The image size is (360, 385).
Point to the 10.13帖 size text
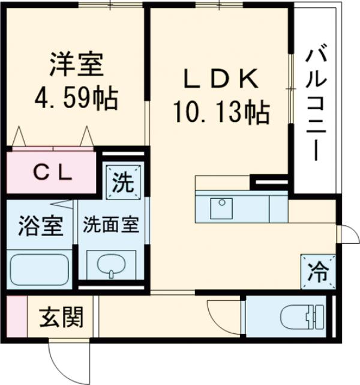click(220, 111)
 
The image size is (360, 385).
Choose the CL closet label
click(53, 173)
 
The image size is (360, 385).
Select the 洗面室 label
click(111, 226)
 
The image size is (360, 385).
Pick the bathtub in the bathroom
click(40, 266)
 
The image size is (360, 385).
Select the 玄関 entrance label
click(62, 317)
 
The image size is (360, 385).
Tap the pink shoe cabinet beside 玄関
click(17, 317)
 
